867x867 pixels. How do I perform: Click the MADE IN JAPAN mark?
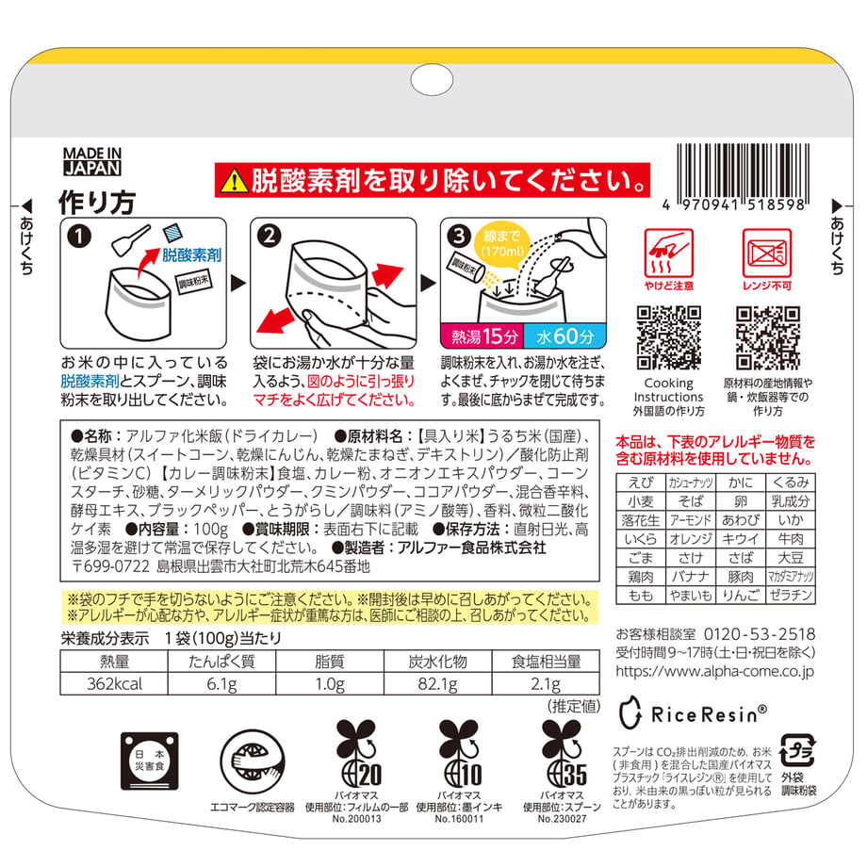tap(91, 161)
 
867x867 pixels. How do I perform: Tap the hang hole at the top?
tap(433, 80)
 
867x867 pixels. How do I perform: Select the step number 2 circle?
tap(269, 237)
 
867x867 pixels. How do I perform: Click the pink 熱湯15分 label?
tap(482, 336)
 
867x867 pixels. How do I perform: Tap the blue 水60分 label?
tap(564, 336)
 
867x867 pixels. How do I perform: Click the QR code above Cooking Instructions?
tap(668, 337)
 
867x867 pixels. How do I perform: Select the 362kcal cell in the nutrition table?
tap(114, 684)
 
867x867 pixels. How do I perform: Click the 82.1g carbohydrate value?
tap(438, 684)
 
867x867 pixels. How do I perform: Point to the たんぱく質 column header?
tap(221, 662)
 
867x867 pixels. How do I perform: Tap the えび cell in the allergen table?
tap(641, 483)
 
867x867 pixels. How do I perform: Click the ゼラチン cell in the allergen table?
tap(791, 596)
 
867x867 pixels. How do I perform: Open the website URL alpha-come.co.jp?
tap(715, 671)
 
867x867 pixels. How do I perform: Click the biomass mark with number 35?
tap(563, 753)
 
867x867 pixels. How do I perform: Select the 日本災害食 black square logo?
tap(149, 761)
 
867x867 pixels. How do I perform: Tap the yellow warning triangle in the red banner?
tap(234, 181)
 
